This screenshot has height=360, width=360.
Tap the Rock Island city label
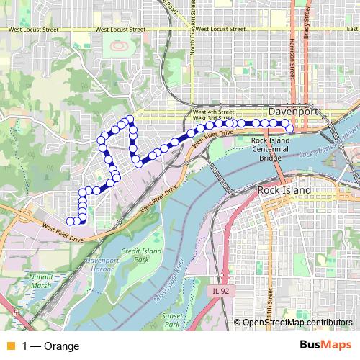pos(284,190)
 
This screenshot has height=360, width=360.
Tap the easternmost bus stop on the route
pos(288,130)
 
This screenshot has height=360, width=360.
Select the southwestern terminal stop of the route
pos(70,221)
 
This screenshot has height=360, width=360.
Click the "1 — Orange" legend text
pos(51,346)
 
